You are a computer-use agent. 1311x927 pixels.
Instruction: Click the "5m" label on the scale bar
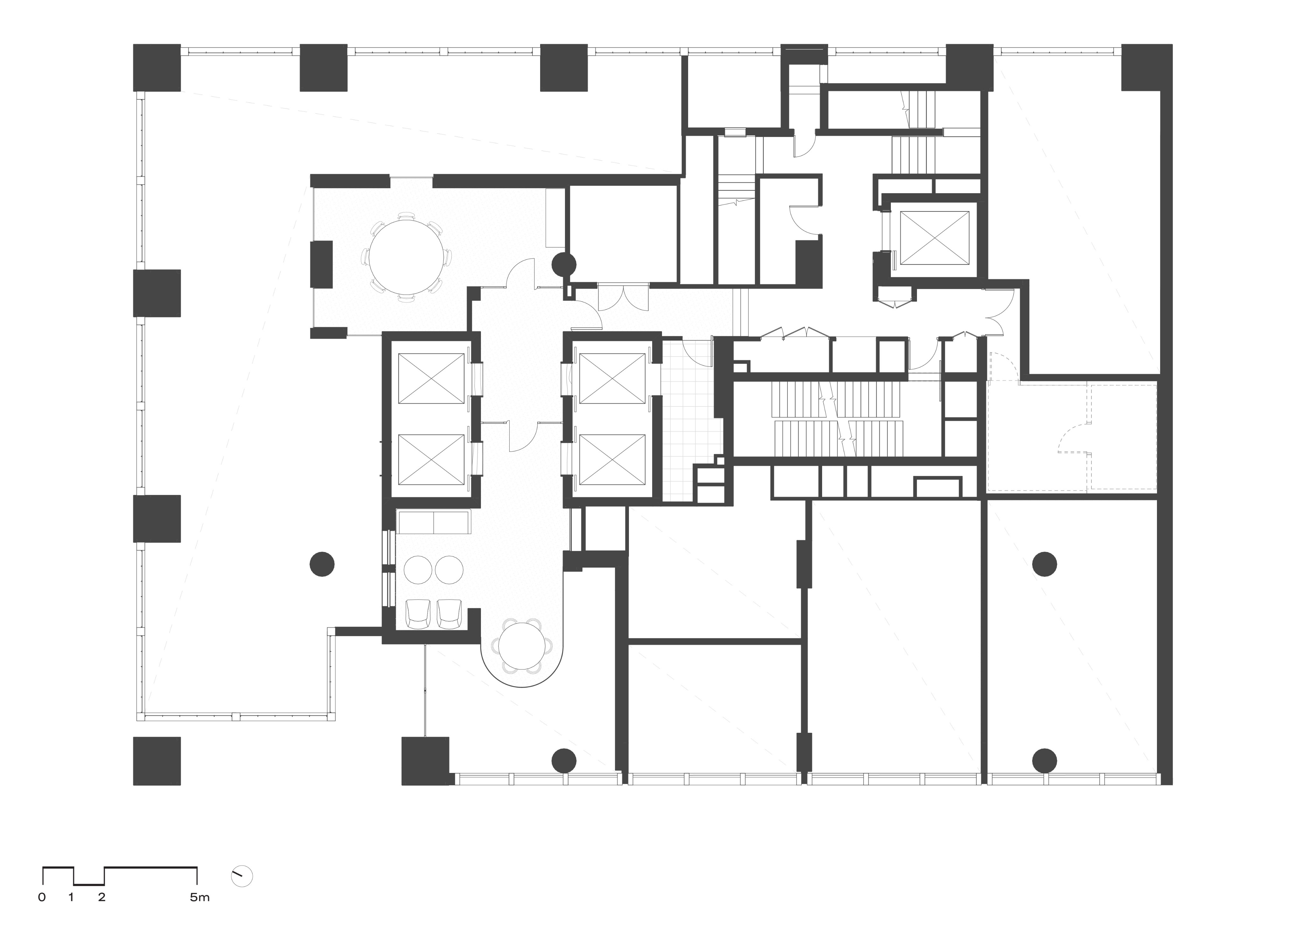point(200,897)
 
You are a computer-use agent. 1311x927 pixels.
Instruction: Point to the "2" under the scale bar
point(102,897)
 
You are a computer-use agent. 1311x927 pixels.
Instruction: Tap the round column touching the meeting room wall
point(564,265)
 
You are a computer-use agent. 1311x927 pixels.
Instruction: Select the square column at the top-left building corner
point(157,67)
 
